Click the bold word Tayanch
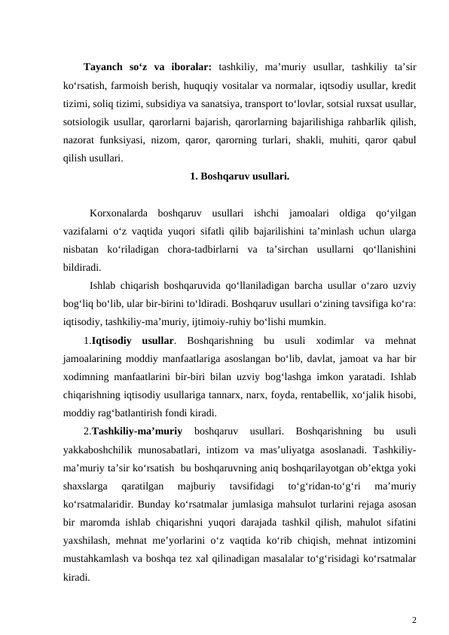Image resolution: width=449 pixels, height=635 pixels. tap(103, 65)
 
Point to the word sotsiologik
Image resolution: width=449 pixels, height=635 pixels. tap(87, 121)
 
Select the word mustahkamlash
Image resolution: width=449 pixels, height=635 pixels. tap(98, 559)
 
